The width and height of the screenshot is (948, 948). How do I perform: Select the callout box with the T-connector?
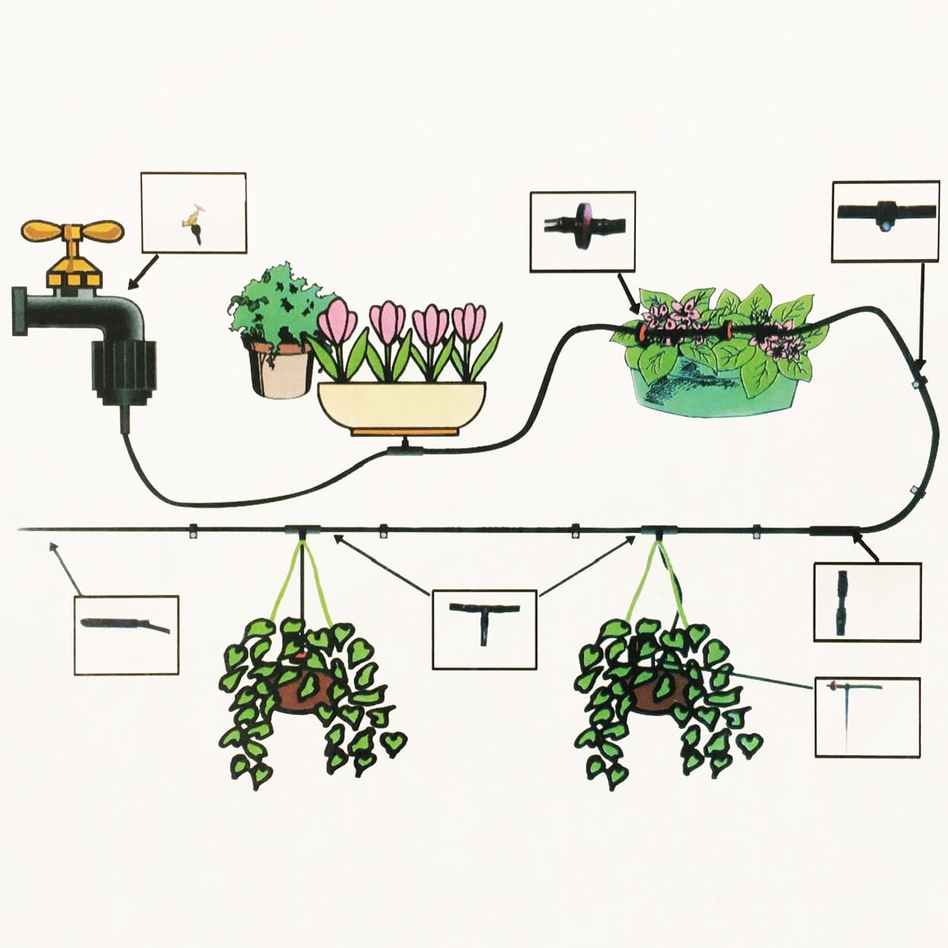[483, 629]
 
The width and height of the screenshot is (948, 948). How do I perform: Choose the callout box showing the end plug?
[126, 635]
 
